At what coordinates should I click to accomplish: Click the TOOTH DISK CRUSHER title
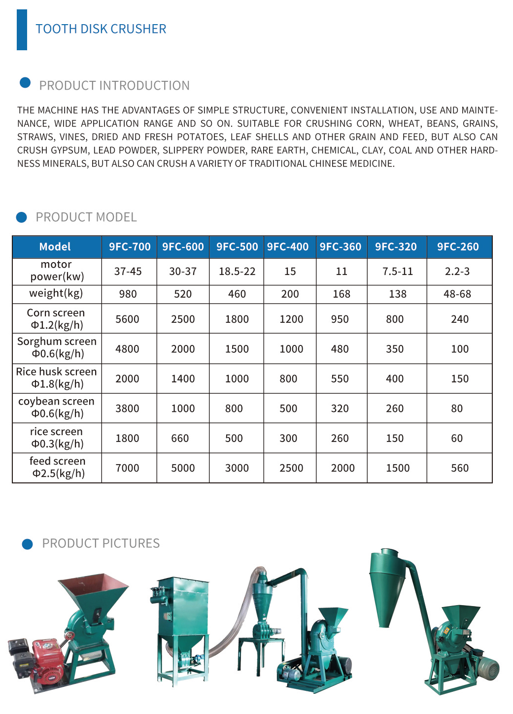tap(101, 29)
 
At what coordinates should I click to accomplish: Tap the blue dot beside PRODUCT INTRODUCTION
tap(25, 83)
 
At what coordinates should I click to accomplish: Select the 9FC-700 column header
tap(130, 247)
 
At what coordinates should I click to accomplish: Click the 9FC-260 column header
tap(458, 247)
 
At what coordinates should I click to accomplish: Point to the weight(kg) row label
tap(56, 293)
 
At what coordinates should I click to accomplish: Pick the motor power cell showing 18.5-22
tap(237, 272)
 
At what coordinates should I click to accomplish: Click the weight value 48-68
tap(457, 294)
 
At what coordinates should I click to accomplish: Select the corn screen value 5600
tap(127, 319)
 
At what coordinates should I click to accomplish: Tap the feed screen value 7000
tap(127, 468)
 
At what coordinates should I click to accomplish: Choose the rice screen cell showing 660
tap(180, 439)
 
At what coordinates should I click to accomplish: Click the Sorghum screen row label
tap(57, 347)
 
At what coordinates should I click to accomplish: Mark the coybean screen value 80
tap(457, 408)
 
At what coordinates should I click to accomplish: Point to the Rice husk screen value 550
tap(340, 379)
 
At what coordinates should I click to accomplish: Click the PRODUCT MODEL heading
tap(86, 217)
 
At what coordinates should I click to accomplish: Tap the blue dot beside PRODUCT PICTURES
tap(28, 544)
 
